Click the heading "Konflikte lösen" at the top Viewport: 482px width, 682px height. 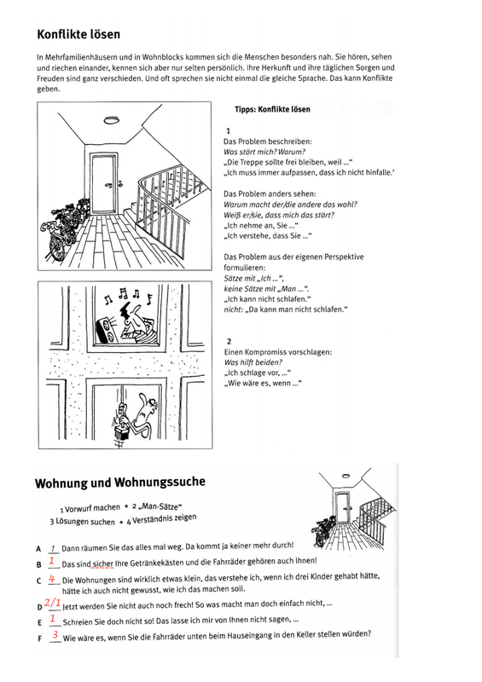pyautogui.click(x=78, y=34)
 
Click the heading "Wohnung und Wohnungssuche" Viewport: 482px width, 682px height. pyautogui.click(x=119, y=483)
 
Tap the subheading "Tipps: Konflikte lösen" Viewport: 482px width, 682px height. pyautogui.click(x=272, y=109)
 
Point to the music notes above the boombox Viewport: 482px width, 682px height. pyautogui.click(x=129, y=296)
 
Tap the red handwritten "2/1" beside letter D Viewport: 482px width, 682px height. pyautogui.click(x=52, y=603)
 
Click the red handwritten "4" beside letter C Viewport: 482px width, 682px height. pyautogui.click(x=52, y=580)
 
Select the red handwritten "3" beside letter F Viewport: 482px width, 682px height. pyautogui.click(x=55, y=634)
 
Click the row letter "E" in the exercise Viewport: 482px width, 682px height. pyautogui.click(x=39, y=623)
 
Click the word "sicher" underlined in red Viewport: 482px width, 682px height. pyautogui.click(x=102, y=564)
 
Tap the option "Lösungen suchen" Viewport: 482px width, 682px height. pyautogui.click(x=85, y=522)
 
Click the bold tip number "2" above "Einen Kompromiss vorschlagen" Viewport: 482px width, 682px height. pyautogui.click(x=229, y=342)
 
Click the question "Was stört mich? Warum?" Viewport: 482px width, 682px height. pyautogui.click(x=264, y=152)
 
